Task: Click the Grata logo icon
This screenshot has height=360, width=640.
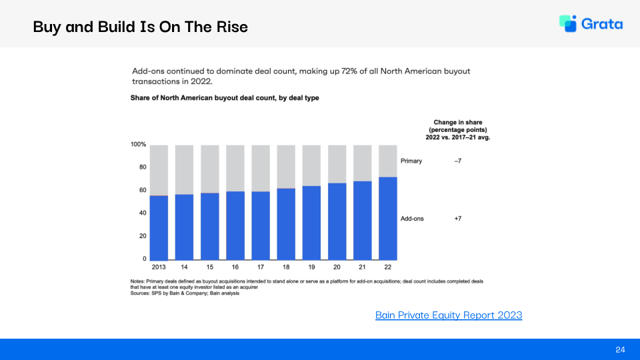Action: [568, 23]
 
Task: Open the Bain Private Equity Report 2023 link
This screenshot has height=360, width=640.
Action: [449, 315]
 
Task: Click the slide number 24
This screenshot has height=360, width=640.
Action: [620, 349]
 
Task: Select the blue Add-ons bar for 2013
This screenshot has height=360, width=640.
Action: [159, 227]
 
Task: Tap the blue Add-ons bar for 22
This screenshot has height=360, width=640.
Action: [387, 218]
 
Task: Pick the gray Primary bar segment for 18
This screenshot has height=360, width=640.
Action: [286, 167]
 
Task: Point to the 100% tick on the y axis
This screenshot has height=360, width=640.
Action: [138, 145]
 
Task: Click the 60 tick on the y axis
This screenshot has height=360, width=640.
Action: [142, 190]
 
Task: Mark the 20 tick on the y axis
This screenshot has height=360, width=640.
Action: [142, 236]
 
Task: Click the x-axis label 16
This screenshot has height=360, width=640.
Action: [235, 266]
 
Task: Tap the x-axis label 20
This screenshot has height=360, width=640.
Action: [337, 266]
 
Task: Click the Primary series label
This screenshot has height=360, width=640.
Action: [411, 161]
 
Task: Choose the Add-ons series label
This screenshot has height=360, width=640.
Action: [412, 219]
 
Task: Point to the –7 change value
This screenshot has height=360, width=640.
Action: [458, 161]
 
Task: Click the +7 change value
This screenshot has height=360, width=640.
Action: [458, 219]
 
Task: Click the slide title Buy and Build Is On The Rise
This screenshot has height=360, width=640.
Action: [140, 27]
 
